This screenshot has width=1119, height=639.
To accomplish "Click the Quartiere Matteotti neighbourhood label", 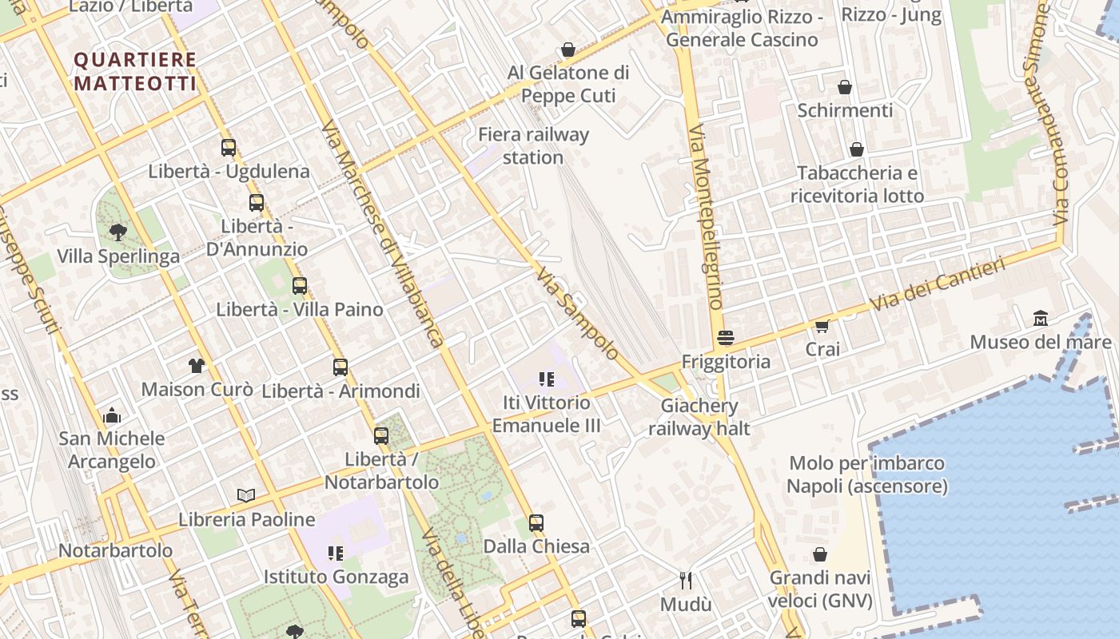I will coord(135,71).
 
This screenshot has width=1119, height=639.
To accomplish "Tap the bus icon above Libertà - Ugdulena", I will coord(229,148).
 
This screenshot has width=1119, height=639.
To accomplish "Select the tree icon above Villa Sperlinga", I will coord(118,232).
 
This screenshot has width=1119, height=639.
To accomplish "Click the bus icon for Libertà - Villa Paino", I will coord(300,286).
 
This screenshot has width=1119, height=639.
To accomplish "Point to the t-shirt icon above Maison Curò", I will coord(197,366).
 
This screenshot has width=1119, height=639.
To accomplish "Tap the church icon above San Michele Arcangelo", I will coord(112,415).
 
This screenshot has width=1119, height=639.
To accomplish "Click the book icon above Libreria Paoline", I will coord(246,496).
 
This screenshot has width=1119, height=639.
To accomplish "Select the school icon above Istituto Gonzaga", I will coord(336,553).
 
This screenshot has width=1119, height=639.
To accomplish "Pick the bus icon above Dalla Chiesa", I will coord(536,523).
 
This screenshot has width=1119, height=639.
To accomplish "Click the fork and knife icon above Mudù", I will coord(685,580).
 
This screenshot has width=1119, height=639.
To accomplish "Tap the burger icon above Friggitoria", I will coord(726,338).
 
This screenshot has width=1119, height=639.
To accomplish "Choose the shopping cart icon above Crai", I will coord(822,326).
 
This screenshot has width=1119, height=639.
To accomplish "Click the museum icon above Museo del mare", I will coord(1041,318).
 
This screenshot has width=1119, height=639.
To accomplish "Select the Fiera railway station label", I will coord(533,145).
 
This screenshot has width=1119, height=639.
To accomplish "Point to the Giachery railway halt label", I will coord(699,417).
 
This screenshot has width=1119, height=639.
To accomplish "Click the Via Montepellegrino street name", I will coord(705,216).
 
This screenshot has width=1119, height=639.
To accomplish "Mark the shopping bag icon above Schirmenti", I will coord(845,87).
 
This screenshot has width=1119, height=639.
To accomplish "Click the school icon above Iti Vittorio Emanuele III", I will coord(547,379).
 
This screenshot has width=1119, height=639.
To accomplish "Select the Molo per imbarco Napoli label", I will coord(867,474).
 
